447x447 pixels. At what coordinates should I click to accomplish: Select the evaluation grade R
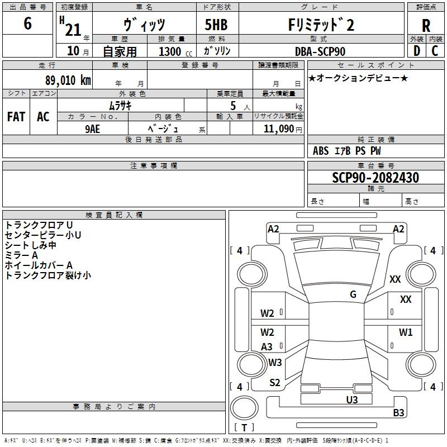pyautogui.click(x=426, y=26)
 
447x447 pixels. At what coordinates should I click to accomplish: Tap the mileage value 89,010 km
pyautogui.click(x=68, y=80)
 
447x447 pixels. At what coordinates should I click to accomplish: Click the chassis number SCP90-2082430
pyautogui.click(x=375, y=178)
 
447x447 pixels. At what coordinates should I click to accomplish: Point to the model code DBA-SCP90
pyautogui.click(x=320, y=51)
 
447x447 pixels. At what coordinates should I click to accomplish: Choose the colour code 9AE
pyautogui.click(x=92, y=128)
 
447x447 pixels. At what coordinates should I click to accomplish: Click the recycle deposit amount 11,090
pyautogui.click(x=278, y=129)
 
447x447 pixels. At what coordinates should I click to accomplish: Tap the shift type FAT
pyautogui.click(x=16, y=116)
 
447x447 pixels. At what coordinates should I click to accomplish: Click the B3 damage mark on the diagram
pyautogui.click(x=398, y=413)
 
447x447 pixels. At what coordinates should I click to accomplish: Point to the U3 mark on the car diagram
pyautogui.click(x=351, y=400)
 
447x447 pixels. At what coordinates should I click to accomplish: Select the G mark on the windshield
pyautogui.click(x=353, y=294)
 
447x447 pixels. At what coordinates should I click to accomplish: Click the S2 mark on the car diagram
pyautogui.click(x=275, y=382)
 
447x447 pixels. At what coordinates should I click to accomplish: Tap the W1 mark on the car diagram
pyautogui.click(x=406, y=332)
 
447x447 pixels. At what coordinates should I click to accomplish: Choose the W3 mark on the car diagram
pyautogui.click(x=275, y=362)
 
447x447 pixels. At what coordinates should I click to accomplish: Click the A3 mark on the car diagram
pyautogui.click(x=267, y=346)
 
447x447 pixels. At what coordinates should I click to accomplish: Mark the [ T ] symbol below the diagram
pyautogui.click(x=244, y=427)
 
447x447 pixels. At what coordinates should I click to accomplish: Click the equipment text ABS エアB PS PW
pyautogui.click(x=347, y=151)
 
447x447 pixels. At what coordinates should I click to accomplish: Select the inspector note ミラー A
pyautogui.click(x=21, y=255)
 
